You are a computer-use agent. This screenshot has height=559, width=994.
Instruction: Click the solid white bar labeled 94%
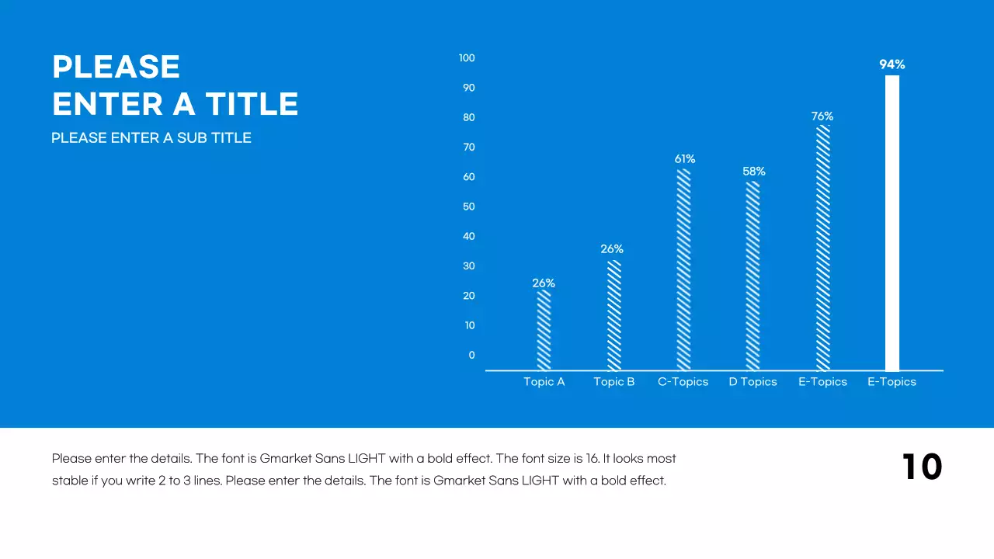point(892,223)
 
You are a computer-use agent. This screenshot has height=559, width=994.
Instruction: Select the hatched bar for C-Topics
point(683,269)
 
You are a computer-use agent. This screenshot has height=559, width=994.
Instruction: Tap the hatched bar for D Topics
point(752,276)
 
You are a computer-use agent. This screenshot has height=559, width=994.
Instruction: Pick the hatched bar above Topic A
point(544,330)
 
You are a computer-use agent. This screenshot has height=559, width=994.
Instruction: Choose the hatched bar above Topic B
point(613,315)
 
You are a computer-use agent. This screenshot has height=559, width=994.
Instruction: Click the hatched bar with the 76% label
point(822,248)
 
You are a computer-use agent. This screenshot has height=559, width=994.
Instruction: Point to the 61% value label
point(685,159)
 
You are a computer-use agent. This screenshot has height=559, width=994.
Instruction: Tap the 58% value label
point(754,172)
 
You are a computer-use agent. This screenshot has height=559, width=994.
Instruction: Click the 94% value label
point(892,65)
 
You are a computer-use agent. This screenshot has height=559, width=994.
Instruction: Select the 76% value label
point(822,116)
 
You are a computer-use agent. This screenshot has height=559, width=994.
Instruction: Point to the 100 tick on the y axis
point(467,58)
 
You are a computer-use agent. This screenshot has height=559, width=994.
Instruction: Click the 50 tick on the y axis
point(468,207)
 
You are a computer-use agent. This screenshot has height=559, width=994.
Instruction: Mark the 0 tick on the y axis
point(471,356)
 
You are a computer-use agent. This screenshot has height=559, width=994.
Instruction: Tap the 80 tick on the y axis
point(468,118)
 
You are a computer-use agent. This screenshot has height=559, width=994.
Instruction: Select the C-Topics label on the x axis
point(683,382)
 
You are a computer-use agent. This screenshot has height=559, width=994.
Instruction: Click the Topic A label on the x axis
point(544,382)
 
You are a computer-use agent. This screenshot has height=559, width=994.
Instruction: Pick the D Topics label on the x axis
point(752,382)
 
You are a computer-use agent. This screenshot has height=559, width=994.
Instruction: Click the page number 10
point(922,467)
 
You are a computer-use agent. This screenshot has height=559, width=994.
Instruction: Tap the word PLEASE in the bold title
point(116,68)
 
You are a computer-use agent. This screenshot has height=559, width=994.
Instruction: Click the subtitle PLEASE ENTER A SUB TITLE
point(151,138)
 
